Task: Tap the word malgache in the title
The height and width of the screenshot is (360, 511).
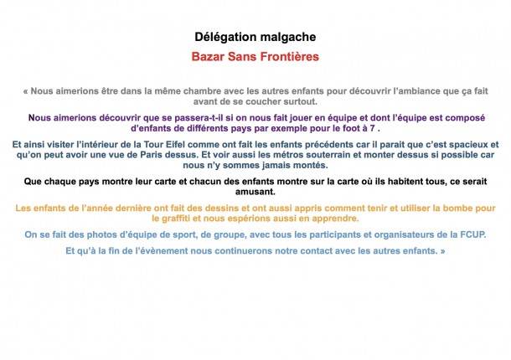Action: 285,38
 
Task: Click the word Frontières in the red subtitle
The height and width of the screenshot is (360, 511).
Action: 287,58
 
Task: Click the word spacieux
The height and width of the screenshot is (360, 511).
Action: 462,144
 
